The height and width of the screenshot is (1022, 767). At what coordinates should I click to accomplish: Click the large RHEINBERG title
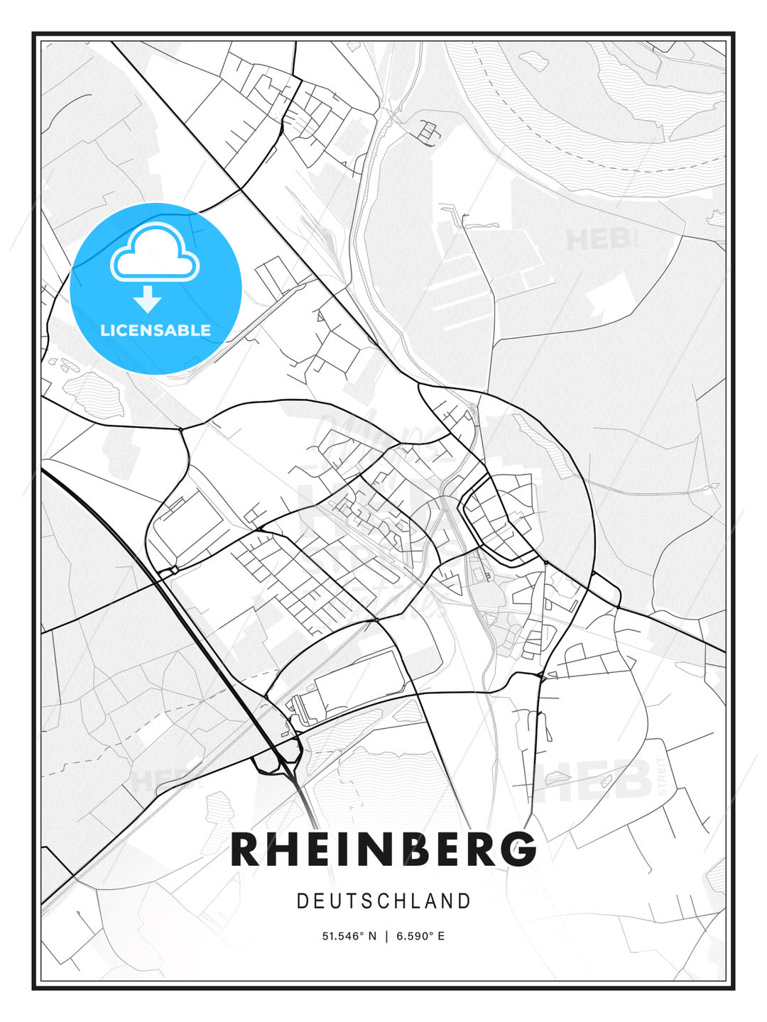383,850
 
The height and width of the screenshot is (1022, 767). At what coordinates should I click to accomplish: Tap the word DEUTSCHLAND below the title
383,901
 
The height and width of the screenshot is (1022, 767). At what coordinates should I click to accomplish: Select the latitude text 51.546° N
349,936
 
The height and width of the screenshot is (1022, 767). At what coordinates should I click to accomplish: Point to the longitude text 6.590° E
420,936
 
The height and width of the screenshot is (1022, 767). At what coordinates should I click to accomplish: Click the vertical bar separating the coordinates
386,936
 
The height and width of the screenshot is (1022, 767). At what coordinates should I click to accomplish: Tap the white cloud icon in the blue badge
155,254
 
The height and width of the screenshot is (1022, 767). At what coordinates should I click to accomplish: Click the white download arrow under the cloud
148,299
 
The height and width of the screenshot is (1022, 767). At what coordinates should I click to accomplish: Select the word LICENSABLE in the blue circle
156,330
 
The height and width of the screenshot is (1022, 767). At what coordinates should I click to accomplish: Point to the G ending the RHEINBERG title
521,850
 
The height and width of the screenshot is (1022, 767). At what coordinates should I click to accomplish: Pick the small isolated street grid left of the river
429,131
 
